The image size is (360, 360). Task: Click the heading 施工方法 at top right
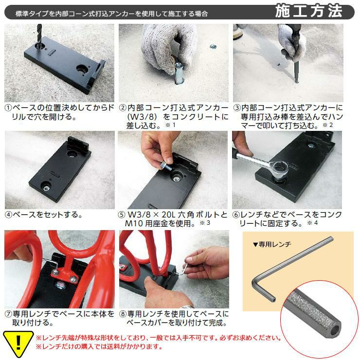click(x=309, y=11)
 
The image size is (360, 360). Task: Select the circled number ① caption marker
click(x=8, y=108)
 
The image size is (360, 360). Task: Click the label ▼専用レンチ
click(x=272, y=244)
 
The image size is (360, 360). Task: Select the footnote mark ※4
click(x=312, y=223)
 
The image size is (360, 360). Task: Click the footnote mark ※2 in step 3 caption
click(x=327, y=125)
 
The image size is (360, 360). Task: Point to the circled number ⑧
click(x=123, y=314)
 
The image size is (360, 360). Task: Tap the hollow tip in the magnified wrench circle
click(x=336, y=330)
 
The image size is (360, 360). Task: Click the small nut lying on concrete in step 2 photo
click(x=213, y=47)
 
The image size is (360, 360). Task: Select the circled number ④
click(x=8, y=215)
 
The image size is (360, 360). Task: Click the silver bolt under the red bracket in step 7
click(x=60, y=286)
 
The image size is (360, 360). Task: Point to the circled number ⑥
click(x=236, y=215)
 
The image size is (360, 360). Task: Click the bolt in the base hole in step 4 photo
click(x=46, y=188)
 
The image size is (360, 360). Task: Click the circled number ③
click(x=237, y=108)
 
